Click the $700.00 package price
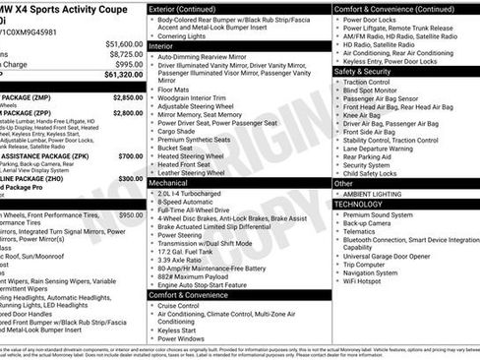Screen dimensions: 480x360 click(x=130, y=155)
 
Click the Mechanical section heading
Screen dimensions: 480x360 click(x=173, y=183)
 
